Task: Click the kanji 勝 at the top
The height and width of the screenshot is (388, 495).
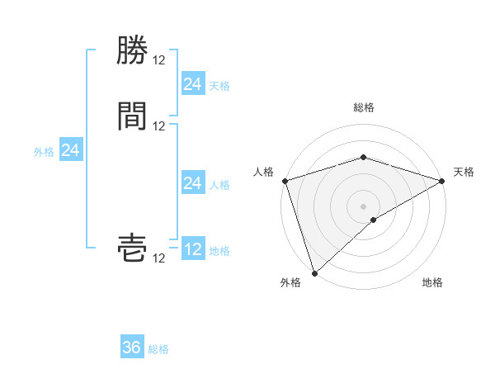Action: tap(132, 50)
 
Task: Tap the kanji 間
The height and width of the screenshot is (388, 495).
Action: tap(132, 116)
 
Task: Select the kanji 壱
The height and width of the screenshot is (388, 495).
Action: tap(132, 248)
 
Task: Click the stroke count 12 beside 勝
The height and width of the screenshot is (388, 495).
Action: tap(159, 60)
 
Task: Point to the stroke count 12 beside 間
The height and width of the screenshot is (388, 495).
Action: tap(159, 126)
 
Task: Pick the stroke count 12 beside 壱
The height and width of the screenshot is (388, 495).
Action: tap(159, 258)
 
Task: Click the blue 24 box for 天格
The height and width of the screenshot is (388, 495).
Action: tap(193, 84)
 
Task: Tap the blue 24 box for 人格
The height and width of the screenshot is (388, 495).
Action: tap(193, 183)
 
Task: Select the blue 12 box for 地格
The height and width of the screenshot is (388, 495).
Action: tap(193, 249)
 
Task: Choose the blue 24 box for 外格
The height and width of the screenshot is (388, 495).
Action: tap(71, 150)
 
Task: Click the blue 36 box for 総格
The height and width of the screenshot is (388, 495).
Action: tap(132, 348)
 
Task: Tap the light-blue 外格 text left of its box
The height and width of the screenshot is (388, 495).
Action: tap(44, 152)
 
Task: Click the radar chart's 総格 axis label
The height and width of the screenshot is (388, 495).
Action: tap(364, 107)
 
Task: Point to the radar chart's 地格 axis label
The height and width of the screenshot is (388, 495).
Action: tap(432, 282)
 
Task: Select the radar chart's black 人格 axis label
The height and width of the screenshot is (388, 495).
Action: tap(264, 172)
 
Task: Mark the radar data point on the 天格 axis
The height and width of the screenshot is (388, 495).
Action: tap(442, 181)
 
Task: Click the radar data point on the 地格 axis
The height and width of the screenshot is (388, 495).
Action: tap(374, 220)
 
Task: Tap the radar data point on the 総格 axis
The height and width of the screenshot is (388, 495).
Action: tap(364, 157)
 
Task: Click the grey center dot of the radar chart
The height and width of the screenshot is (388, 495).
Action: tap(364, 206)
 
